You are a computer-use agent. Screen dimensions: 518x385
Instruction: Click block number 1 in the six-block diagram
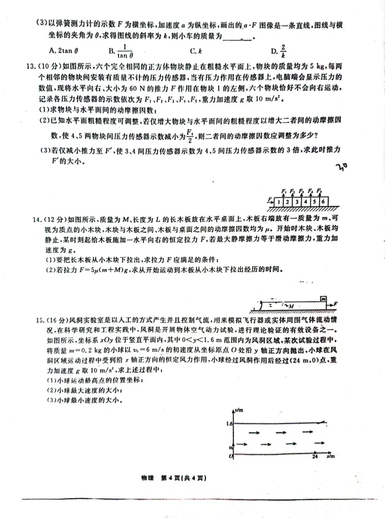tap(281, 202)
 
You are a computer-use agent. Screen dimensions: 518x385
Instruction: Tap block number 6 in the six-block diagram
tap(324, 202)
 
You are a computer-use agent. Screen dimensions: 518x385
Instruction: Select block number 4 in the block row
tap(307, 202)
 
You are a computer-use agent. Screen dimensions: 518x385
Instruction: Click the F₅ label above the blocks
tap(320, 191)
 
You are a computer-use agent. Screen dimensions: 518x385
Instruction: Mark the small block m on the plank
tap(321, 299)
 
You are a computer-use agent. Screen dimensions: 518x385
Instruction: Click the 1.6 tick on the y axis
tap(229, 424)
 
